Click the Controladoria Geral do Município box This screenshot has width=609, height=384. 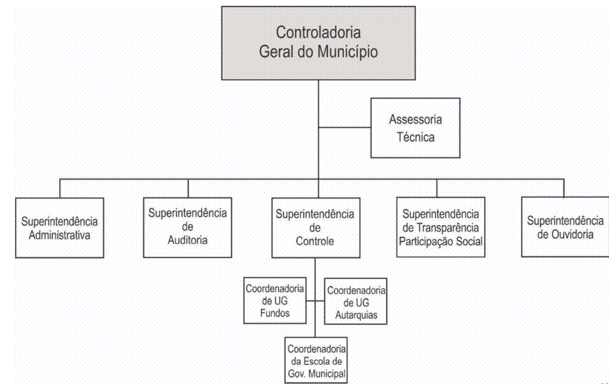point(318,43)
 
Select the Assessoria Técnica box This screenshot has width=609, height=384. point(415,128)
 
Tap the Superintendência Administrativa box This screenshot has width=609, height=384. point(59,227)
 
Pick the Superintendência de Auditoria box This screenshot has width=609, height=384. point(188,227)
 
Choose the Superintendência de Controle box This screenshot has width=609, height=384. point(316,227)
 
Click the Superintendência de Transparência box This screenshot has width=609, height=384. point(441,227)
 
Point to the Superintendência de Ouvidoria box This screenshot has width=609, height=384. point(565,226)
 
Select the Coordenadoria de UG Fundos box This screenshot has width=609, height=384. point(275,300)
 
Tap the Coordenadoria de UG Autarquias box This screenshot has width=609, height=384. point(356,301)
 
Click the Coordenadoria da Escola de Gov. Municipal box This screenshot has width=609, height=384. point(316,360)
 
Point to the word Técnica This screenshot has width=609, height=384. point(415,137)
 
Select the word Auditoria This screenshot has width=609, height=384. point(188,240)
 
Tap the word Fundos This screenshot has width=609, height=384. point(275,313)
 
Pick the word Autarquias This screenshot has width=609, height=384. point(356,315)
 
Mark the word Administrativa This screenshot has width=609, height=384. point(59,235)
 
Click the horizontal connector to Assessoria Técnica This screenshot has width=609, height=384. point(344,127)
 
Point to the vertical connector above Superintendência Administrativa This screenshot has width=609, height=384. point(60,189)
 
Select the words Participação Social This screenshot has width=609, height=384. point(441,241)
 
